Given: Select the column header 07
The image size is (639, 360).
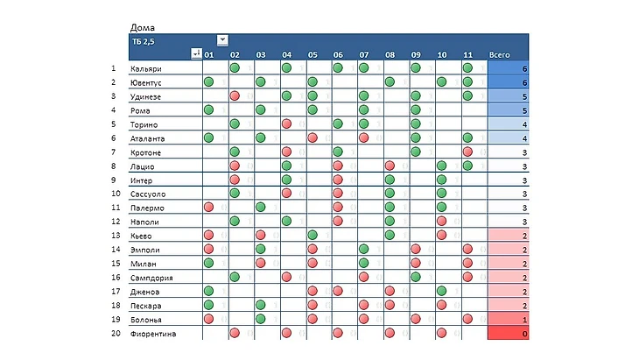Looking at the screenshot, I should coord(363,54).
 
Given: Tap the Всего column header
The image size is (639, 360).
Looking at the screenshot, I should coord(500,54).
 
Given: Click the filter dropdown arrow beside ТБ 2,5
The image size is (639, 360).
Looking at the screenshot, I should coord(222,39).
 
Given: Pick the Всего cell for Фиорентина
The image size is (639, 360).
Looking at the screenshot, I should coord(508,334).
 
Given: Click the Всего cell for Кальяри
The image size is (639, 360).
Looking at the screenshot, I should coord(508,68).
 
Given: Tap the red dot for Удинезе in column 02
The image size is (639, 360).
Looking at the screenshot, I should coord(235,96).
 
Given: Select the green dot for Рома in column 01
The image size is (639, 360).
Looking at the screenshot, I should coord(208,110).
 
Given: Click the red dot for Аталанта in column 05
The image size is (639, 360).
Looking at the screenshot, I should coord(312,138).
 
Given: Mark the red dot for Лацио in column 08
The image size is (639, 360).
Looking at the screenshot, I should coord(390,166).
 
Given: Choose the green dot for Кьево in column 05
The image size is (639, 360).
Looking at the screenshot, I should coord(312,236).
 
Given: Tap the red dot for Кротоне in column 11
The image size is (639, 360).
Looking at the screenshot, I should coord(467,152).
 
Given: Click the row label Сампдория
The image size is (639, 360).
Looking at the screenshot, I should coord(151,278).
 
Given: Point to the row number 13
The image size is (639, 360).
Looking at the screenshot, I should coord(113,236).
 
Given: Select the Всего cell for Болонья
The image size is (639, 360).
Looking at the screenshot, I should coord(508,320).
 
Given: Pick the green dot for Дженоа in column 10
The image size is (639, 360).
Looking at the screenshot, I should coord(441,292).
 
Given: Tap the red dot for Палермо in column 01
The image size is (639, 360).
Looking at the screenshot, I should coord(208,208).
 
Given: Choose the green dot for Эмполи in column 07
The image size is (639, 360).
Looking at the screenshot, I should coord(363,250).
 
